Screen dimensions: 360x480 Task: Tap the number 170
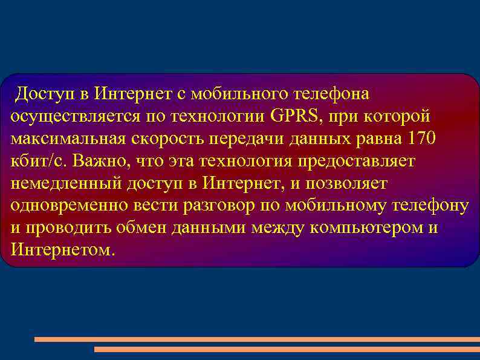tap(422, 139)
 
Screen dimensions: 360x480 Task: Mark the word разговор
tap(219, 206)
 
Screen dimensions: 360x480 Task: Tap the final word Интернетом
tap(61, 250)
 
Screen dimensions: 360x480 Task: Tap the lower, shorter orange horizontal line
tap(287, 349)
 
